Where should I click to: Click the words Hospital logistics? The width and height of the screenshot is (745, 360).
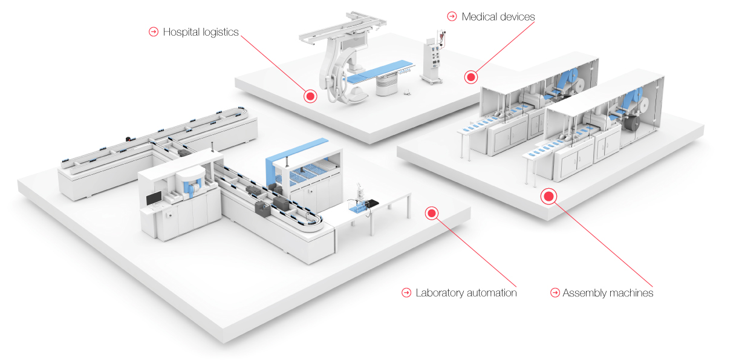(x=200, y=32)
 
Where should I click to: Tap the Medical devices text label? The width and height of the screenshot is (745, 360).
(x=498, y=16)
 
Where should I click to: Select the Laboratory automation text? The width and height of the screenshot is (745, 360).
(x=466, y=293)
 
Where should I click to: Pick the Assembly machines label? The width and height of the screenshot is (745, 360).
(x=607, y=293)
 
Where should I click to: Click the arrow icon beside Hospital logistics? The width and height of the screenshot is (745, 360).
(x=153, y=32)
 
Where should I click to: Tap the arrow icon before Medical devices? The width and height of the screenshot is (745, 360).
(x=451, y=16)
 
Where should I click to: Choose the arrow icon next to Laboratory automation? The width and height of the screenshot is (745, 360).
(x=406, y=293)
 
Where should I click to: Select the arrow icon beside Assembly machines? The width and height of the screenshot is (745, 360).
(x=555, y=293)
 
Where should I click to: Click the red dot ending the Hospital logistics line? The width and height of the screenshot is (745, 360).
(x=310, y=96)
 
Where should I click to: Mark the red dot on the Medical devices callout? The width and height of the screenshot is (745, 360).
(x=470, y=77)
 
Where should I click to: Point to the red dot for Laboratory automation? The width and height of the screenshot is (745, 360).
(x=431, y=212)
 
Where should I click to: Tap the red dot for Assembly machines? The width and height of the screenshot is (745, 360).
(x=549, y=196)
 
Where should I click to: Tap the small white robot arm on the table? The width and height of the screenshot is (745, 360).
(x=360, y=191)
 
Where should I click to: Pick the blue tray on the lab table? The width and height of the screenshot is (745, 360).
(x=360, y=209)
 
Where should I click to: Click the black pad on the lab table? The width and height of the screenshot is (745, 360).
(x=374, y=203)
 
